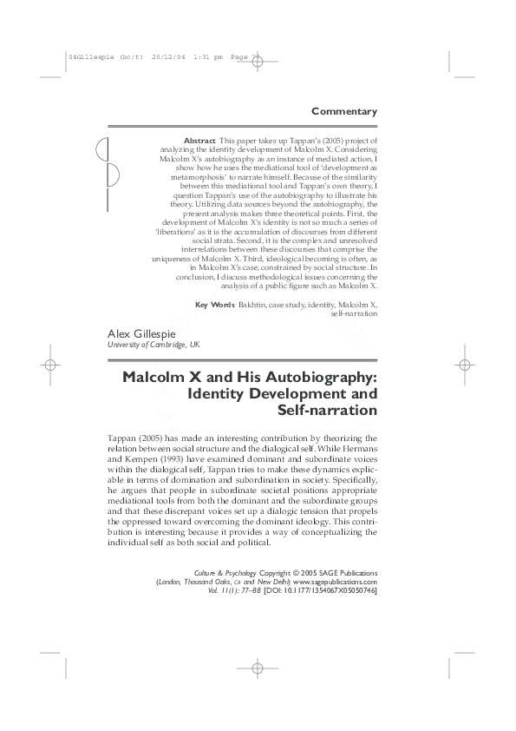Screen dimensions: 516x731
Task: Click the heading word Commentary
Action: point(343,111)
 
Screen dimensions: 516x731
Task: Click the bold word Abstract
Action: point(199,140)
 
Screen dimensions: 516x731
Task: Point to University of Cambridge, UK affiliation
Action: point(153,345)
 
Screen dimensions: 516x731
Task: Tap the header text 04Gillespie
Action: point(90,56)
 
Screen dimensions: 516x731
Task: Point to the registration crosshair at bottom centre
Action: point(258,692)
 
